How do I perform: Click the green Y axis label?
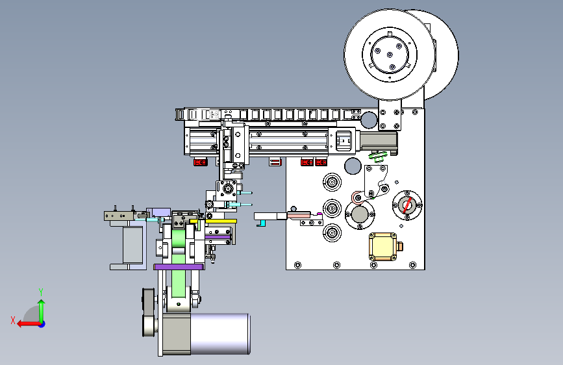(x=41, y=292)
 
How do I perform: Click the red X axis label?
(x=13, y=320)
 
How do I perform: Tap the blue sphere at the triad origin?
(x=42, y=324)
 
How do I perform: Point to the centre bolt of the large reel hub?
(x=390, y=55)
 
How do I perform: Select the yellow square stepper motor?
(x=382, y=246)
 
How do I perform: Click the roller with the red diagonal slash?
(x=407, y=205)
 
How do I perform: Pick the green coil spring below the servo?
(x=378, y=157)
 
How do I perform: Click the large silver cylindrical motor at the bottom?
(x=219, y=333)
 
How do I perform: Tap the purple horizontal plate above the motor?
(x=179, y=267)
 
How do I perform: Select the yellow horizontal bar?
(x=213, y=221)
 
